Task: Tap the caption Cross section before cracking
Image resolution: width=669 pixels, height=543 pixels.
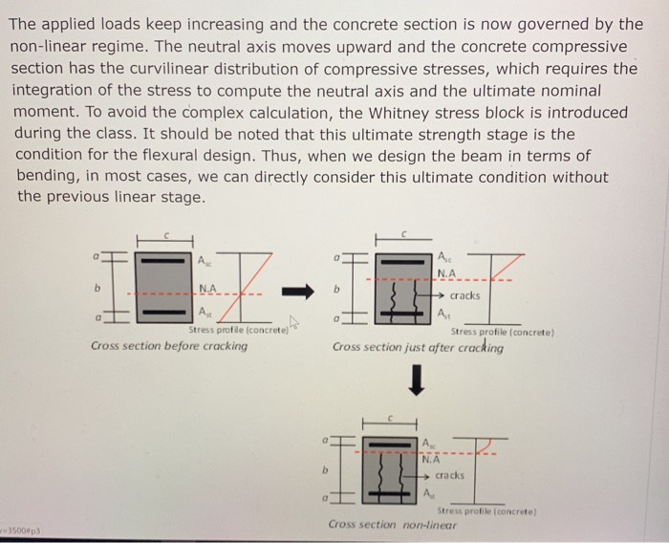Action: point(169,346)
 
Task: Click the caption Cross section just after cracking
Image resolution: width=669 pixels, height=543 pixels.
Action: point(418,347)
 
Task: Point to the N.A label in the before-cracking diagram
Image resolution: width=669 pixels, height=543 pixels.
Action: point(208,288)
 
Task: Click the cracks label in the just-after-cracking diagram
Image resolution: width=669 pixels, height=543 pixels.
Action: point(464,295)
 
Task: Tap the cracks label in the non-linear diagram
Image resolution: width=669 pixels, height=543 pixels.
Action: point(450,475)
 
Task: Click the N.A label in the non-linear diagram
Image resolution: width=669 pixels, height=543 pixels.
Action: point(432,458)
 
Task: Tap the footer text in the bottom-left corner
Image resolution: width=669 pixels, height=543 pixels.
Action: point(22,528)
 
